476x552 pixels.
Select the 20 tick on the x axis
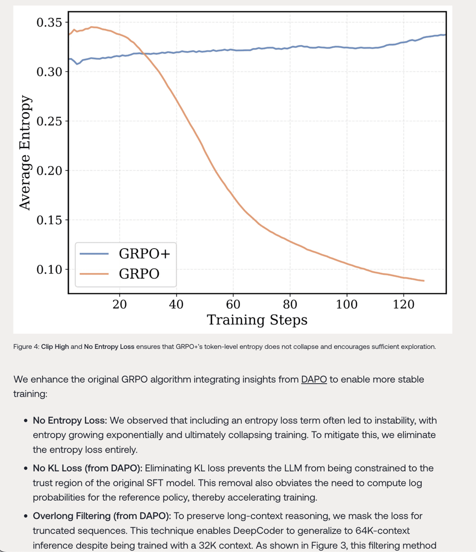point(119,304)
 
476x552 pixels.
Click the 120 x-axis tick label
point(403,304)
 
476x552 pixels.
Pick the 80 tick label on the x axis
point(290,304)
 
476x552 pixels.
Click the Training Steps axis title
point(257,320)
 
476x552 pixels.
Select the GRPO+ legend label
point(144,254)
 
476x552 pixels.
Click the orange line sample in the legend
point(94,274)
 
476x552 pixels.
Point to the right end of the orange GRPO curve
point(424,281)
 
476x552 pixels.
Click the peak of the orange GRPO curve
point(93,27)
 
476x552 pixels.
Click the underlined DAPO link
point(314,380)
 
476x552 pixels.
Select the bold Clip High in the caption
point(55,346)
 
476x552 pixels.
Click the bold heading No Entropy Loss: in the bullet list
point(70,420)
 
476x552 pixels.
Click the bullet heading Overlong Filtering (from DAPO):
point(102,516)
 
